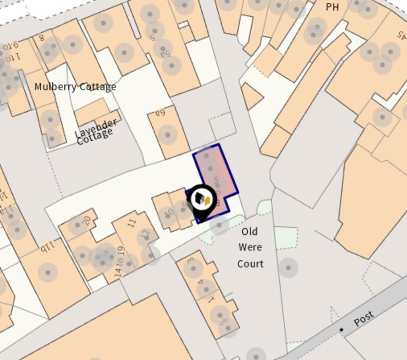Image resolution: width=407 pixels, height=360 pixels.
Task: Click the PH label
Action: pyautogui.click(x=332, y=7)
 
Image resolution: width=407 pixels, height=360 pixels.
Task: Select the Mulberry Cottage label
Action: pyautogui.click(x=75, y=87)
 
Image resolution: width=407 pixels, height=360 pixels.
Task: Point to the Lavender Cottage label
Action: pyautogui.click(x=95, y=131)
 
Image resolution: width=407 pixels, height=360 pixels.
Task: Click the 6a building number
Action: pyautogui.click(x=160, y=113)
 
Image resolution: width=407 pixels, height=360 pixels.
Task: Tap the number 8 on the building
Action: pyautogui.click(x=41, y=38)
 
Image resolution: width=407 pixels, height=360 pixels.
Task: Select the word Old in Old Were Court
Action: pyautogui.click(x=249, y=232)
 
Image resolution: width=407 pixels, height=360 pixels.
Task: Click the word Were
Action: pyautogui.click(x=250, y=247)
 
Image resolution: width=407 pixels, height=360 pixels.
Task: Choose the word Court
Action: pyautogui.click(x=250, y=264)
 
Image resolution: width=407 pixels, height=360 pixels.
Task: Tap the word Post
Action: pyautogui.click(x=363, y=318)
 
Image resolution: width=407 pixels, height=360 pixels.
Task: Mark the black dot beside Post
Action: pyautogui.click(x=341, y=330)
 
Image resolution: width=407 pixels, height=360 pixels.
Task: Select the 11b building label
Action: pyautogui.click(x=47, y=247)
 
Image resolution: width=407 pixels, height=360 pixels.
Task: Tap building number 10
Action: pyautogui.click(x=169, y=213)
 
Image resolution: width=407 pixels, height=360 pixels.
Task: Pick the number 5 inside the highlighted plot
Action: pyautogui.click(x=216, y=180)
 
